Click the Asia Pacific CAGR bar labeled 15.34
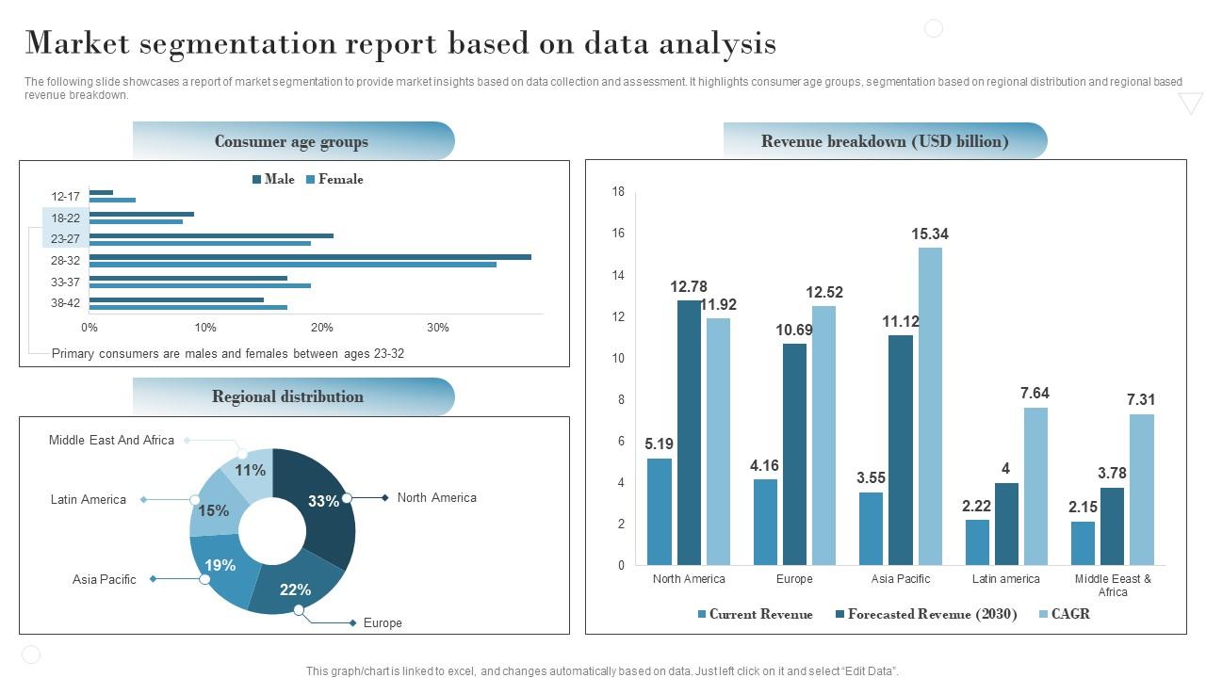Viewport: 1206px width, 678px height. [930, 406]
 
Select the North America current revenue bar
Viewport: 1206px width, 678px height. [660, 511]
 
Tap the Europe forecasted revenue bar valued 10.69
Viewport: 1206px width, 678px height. [794, 454]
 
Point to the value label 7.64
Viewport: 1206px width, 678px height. [1035, 393]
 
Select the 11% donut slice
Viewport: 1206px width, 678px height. [250, 470]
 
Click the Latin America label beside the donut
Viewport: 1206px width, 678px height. [88, 499]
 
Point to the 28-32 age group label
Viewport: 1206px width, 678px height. [65, 260]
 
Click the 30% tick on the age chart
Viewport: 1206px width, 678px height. [438, 328]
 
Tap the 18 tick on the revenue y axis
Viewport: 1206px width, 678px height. [618, 191]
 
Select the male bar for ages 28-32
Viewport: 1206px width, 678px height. [310, 256]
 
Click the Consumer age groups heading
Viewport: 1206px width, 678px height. [291, 141]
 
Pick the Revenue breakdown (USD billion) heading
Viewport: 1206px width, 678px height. [885, 141]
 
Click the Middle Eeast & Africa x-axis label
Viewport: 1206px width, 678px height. [1113, 585]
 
